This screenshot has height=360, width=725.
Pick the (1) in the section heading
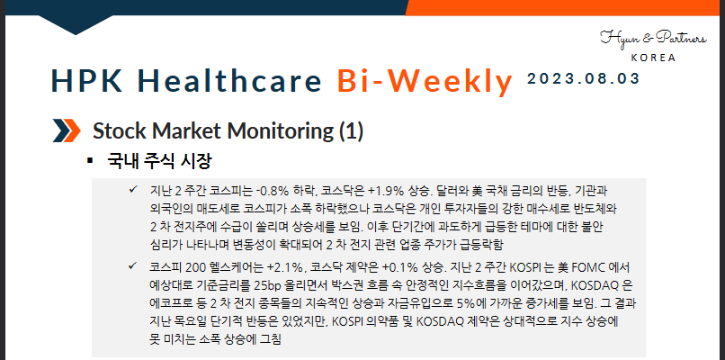point(351,131)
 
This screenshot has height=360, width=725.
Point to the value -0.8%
point(272,192)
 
